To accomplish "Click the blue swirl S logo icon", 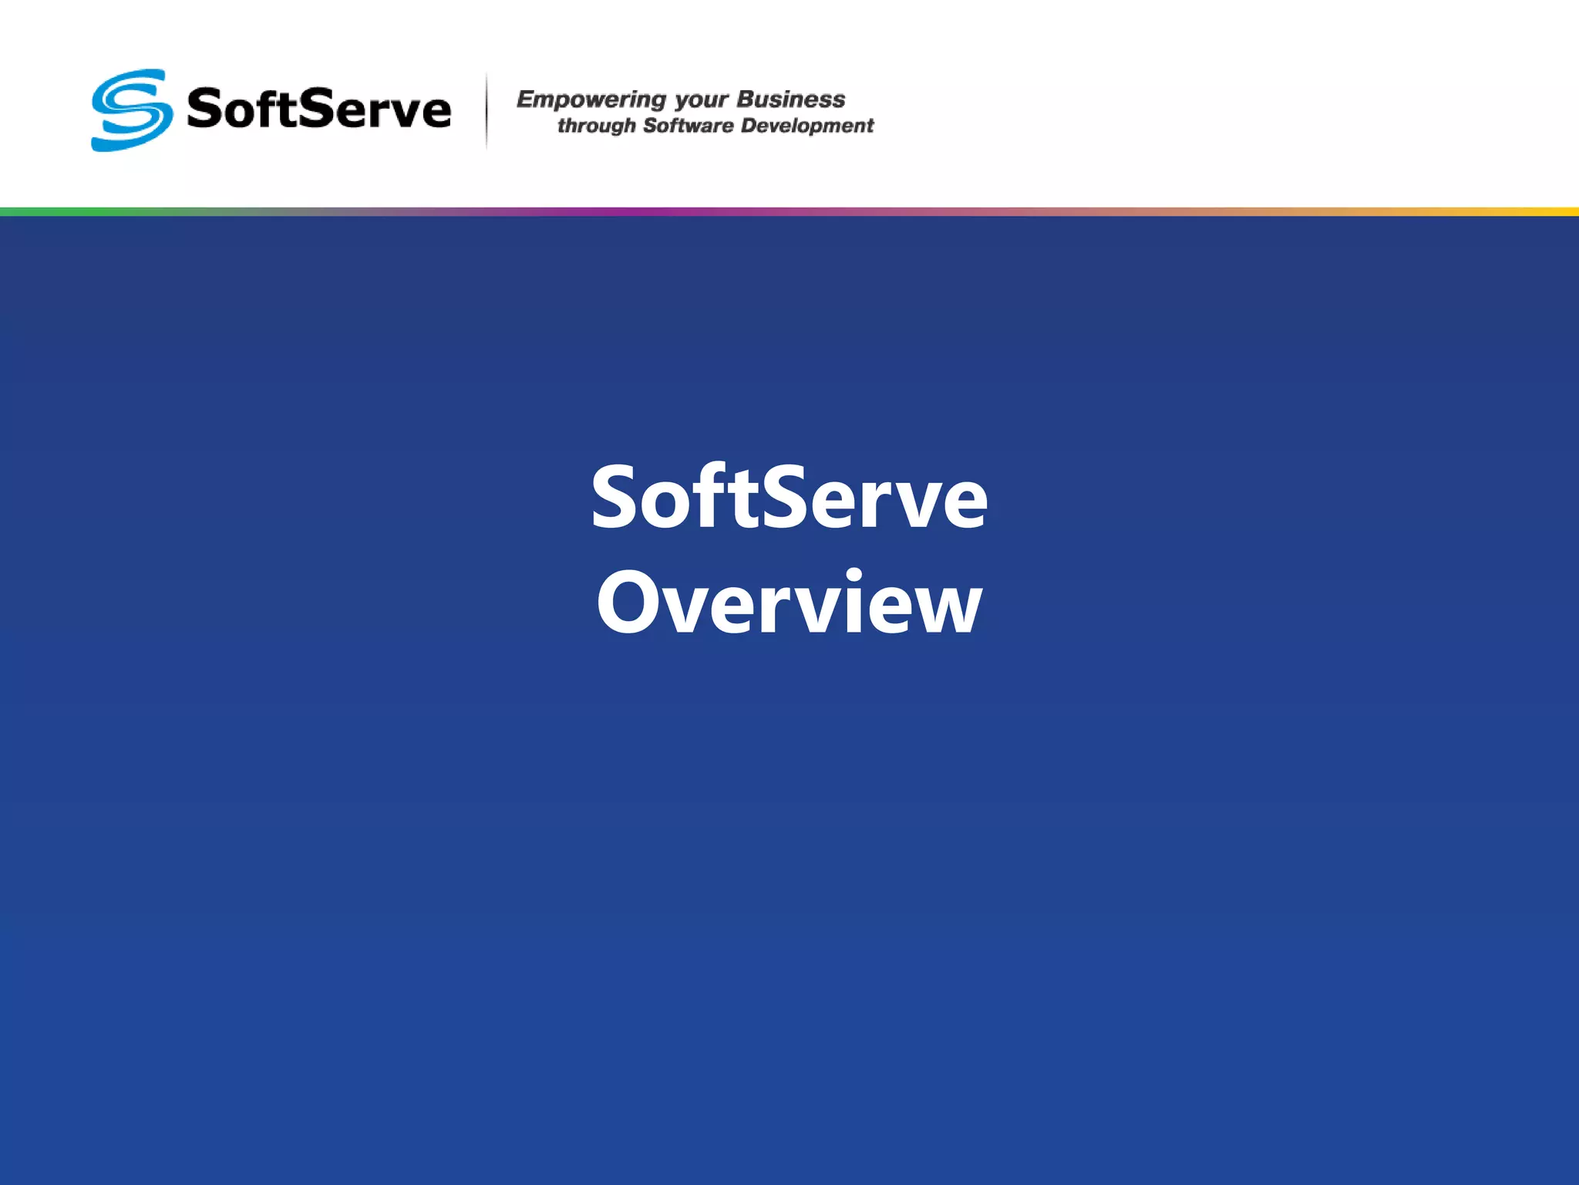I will tap(131, 110).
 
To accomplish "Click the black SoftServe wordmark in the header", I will tap(318, 109).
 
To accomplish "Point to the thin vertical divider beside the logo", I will tap(486, 110).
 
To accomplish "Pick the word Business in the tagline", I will tap(791, 99).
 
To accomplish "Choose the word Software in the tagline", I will tap(688, 125).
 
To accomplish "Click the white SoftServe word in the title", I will tap(789, 498).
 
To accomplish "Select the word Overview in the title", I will tap(789, 603).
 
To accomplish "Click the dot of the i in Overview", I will tap(853, 574).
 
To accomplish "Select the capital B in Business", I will tap(745, 99).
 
